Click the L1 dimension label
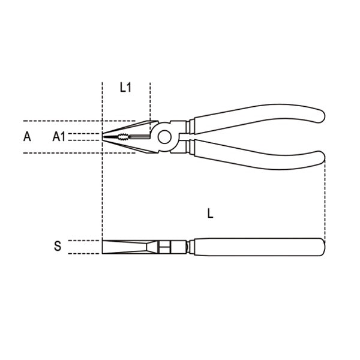coord(125,88)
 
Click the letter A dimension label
coord(27,136)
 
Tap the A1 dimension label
coord(59,137)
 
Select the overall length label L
coord(211,213)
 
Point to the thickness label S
coord(58,246)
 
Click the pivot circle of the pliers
coord(164,137)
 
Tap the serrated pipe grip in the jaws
coord(124,137)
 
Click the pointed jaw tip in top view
coord(103,137)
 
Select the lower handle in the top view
coord(259,155)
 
